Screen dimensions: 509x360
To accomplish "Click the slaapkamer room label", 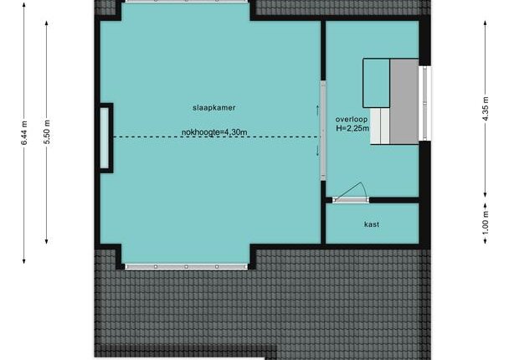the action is point(214,108).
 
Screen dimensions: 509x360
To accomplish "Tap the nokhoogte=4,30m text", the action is point(214,132).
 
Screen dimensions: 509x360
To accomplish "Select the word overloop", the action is point(352,120).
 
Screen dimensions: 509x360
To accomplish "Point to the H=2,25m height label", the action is point(352,128).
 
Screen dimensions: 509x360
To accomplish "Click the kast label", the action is point(372,224).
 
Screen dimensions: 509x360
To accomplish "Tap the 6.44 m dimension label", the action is point(24,133).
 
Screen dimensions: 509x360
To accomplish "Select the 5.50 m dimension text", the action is point(47,132).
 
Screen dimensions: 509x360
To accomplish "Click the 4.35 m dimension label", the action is point(486,109).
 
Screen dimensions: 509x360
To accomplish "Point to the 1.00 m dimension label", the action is point(486,223).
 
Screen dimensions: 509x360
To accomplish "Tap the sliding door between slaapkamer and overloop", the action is point(323,130).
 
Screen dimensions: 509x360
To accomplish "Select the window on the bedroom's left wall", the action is point(104,138).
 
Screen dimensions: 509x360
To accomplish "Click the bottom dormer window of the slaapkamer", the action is point(186,267).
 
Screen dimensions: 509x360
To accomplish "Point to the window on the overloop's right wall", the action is point(425,103).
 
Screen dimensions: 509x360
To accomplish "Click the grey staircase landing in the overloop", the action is point(404,101).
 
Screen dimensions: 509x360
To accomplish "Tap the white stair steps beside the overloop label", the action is point(380,126).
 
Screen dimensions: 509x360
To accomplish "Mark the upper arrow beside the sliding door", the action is point(318,110).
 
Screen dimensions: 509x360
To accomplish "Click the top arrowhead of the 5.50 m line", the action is point(47,23).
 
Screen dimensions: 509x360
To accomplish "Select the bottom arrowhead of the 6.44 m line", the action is point(24,261).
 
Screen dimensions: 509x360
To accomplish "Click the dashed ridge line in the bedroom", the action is point(217,137).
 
